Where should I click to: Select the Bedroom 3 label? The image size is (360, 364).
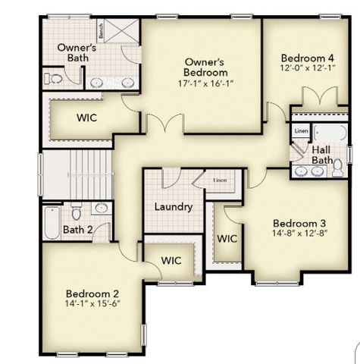[299, 223]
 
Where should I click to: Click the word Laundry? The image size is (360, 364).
[174, 207]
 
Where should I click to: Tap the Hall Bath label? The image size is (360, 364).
[322, 155]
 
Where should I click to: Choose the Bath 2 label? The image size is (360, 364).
[77, 230]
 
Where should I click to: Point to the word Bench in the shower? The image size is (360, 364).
[100, 32]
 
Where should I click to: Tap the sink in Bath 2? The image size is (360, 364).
[101, 207]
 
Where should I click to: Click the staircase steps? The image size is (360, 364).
[76, 174]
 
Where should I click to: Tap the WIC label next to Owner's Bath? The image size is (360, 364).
[85, 118]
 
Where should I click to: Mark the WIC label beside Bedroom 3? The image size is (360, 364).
[227, 238]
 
